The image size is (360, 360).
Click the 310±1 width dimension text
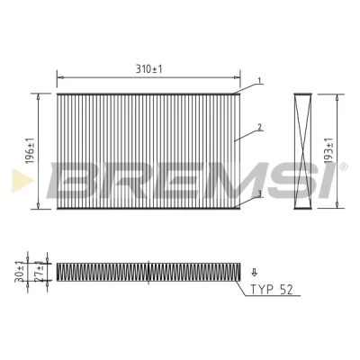[148, 69]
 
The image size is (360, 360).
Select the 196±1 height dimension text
[30, 151]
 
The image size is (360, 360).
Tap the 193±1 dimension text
[329, 150]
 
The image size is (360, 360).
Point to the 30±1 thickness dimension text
[19, 272]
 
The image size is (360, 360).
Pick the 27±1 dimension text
[39, 272]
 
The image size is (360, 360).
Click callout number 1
[259, 80]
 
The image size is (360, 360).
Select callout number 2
[260, 127]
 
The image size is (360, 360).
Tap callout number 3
[259, 193]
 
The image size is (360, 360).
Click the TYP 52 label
[271, 290]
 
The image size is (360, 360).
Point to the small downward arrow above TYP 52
[255, 272]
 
